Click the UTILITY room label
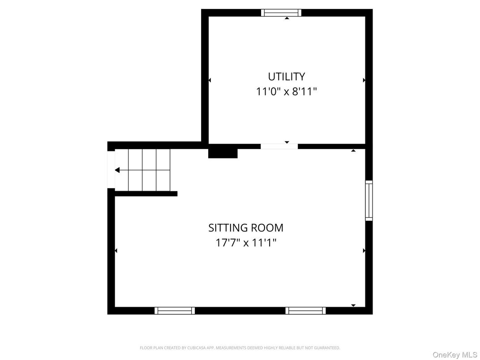(x=286, y=76)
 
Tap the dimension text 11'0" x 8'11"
(x=286, y=92)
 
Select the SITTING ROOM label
(x=246, y=228)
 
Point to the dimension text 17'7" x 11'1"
(x=246, y=243)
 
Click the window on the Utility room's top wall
(x=281, y=13)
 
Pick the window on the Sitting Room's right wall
(x=369, y=200)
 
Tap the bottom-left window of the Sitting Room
(x=175, y=310)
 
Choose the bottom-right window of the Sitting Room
(x=305, y=310)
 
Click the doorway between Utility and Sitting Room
(x=279, y=146)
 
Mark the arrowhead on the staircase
(x=117, y=170)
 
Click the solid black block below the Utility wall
(x=223, y=153)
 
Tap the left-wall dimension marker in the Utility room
(x=210, y=80)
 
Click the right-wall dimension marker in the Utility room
(x=364, y=80)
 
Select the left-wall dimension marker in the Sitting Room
(x=116, y=251)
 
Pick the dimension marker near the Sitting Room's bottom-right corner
(x=353, y=305)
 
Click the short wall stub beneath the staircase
(x=146, y=194)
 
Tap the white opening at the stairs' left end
(x=111, y=170)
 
